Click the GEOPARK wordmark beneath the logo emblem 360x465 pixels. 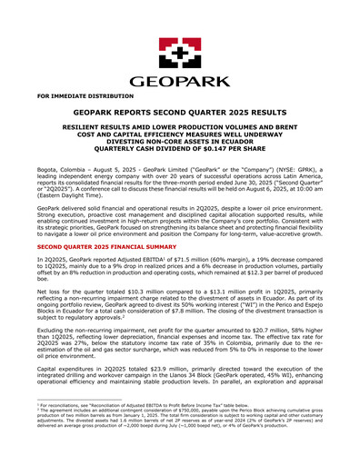pos(179,81)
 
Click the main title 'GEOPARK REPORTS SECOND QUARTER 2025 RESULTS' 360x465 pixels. pos(179,113)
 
